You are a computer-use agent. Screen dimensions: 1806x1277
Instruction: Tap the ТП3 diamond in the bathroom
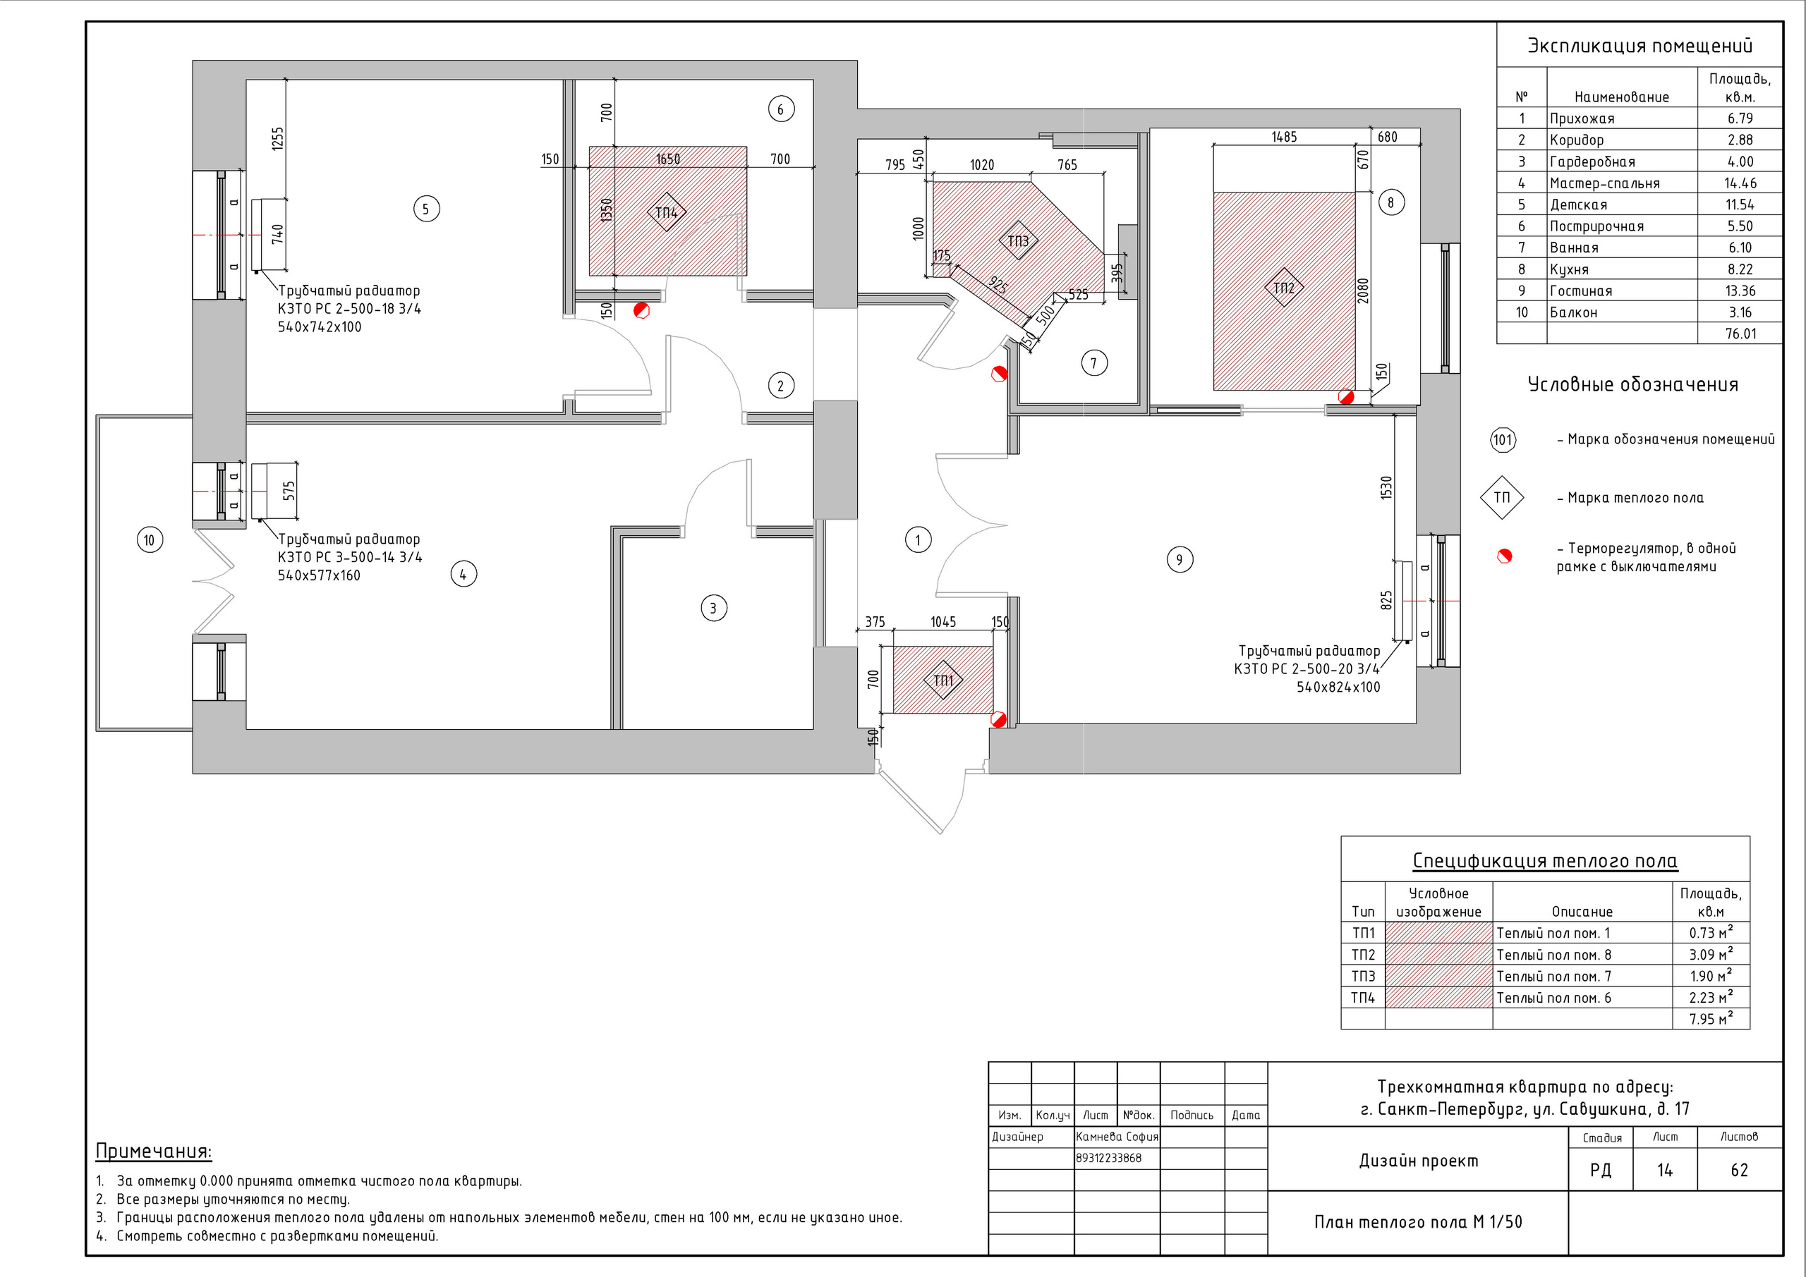[1018, 240]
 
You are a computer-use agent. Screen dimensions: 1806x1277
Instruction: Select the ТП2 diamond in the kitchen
[1284, 288]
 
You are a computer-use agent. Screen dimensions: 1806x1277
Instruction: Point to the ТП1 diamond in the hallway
[943, 680]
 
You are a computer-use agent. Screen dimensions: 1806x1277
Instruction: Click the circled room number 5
[426, 209]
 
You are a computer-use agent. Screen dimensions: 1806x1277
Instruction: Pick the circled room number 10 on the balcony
[150, 540]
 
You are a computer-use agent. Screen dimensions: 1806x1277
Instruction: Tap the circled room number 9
[1179, 560]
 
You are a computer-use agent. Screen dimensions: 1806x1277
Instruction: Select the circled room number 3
[713, 608]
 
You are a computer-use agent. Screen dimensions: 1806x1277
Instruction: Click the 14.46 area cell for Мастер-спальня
[1740, 183]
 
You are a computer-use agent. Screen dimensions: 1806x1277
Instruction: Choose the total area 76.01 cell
[1740, 334]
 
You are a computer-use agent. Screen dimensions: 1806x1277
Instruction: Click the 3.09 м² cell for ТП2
[1711, 955]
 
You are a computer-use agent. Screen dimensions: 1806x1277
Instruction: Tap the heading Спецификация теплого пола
[1545, 861]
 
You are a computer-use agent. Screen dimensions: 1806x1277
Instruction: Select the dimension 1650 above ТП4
[668, 159]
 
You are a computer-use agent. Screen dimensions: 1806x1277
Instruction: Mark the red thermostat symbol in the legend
[1505, 557]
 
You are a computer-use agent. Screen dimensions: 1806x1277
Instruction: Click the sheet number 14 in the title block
[1664, 1170]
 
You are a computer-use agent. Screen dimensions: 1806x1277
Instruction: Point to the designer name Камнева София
[1117, 1136]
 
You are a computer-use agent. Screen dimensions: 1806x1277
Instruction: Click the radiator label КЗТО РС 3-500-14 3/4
[349, 558]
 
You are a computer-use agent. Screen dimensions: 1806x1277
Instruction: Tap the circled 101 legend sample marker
[1503, 439]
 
